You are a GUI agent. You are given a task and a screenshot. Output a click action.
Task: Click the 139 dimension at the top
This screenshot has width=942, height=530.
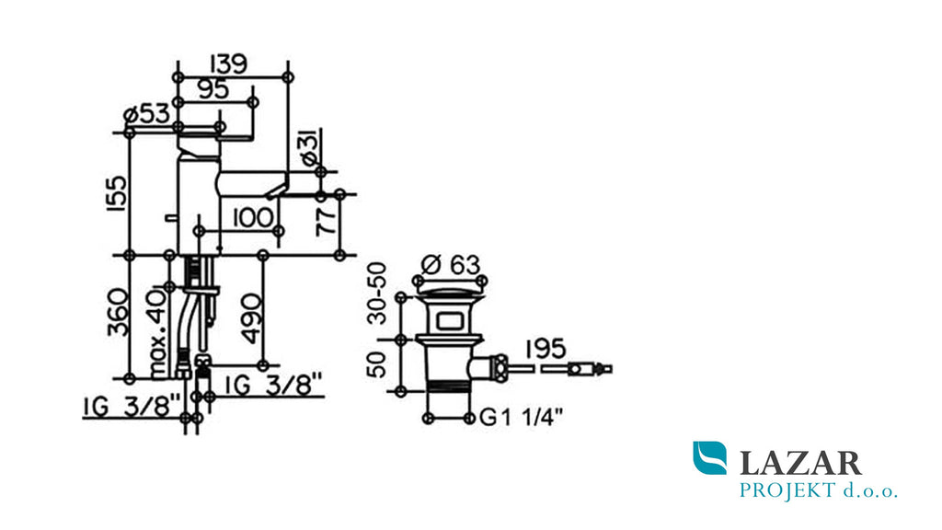pyautogui.click(x=228, y=64)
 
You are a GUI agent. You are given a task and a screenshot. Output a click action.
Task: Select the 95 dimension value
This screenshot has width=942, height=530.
pyautogui.click(x=213, y=89)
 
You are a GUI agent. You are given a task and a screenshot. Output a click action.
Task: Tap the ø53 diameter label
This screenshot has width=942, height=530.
pyautogui.click(x=146, y=113)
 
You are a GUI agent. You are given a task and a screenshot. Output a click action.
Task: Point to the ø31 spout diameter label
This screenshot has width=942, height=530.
pyautogui.click(x=310, y=148)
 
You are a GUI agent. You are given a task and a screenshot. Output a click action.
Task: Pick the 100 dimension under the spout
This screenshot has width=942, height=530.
pyautogui.click(x=252, y=217)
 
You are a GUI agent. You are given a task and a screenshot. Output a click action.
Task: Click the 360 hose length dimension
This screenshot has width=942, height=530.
pyautogui.click(x=117, y=313)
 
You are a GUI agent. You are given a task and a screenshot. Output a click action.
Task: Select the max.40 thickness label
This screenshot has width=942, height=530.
pyautogui.click(x=158, y=334)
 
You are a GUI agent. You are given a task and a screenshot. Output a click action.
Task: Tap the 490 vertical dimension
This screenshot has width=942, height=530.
pyautogui.click(x=252, y=318)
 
